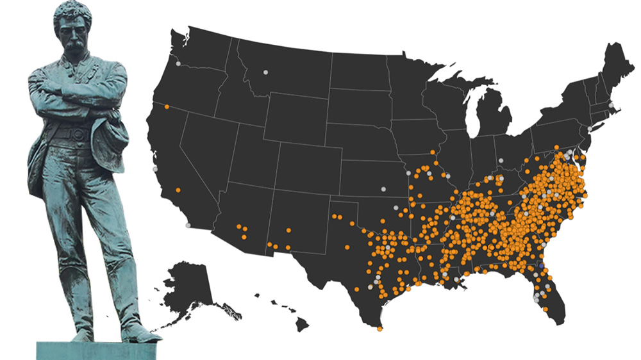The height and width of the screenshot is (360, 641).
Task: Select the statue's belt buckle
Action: pyautogui.click(x=79, y=134)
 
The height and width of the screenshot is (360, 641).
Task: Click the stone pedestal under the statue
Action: pyautogui.click(x=96, y=350)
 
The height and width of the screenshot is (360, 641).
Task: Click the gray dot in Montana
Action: pyautogui.click(x=265, y=71)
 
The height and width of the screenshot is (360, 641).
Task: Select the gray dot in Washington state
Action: pyautogui.click(x=178, y=63)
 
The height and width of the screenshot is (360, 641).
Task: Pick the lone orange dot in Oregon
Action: pyautogui.click(x=167, y=106)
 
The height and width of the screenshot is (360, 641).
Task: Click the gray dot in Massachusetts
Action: pyautogui.click(x=611, y=104)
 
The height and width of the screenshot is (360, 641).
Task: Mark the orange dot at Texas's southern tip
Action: pyautogui.click(x=379, y=329)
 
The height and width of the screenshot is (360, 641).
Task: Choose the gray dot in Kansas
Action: pyautogui.click(x=383, y=189)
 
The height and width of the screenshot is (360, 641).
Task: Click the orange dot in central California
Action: pyautogui.click(x=177, y=190)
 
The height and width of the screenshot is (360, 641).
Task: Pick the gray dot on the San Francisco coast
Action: pyautogui.click(x=155, y=169)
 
